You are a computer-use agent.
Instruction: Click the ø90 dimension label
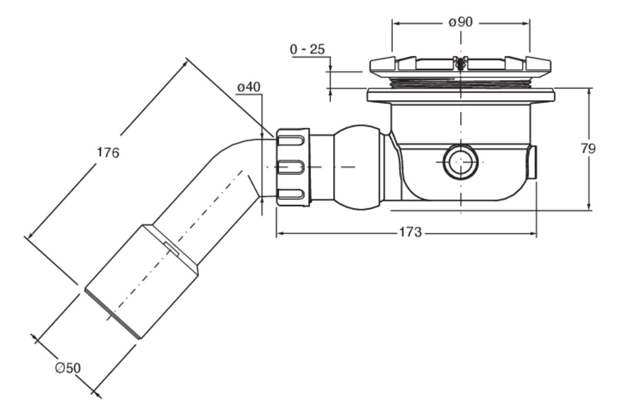pos(460,22)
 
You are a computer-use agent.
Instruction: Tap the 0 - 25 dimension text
pos(307,50)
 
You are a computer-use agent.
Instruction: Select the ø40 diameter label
pos(249,87)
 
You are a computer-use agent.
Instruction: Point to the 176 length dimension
pos(108,153)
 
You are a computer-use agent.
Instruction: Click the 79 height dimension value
pos(588,149)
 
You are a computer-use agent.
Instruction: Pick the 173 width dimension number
pos(411,232)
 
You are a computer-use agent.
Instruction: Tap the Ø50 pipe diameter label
pos(68,368)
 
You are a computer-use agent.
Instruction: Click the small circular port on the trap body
pos(460,162)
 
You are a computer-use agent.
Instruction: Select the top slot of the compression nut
pos(291,141)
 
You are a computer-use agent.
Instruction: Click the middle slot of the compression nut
pos(291,167)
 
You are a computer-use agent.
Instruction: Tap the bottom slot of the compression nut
pos(291,194)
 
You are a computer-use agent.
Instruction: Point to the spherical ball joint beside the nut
pos(359,167)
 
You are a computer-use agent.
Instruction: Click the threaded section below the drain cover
pos(460,82)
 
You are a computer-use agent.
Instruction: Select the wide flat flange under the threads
pos(461,96)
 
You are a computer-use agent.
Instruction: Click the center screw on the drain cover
pos(460,63)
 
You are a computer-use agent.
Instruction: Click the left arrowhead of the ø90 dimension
pos(396,23)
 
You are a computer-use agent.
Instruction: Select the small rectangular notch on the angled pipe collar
pos(172,248)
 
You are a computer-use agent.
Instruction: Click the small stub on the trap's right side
pos(533,162)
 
